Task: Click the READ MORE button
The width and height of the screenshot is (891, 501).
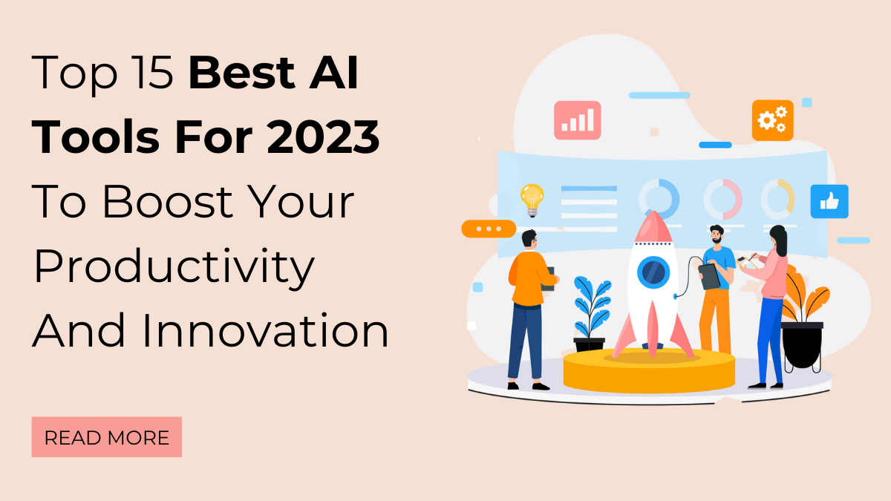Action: tap(106, 437)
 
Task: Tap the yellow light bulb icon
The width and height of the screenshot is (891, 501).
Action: tap(532, 199)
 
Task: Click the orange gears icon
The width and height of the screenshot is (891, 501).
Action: tap(772, 120)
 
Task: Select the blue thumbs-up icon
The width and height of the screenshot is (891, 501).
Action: tap(829, 201)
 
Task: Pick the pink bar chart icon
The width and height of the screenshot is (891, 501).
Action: tap(577, 120)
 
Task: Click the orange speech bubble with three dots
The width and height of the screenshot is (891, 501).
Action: tap(488, 229)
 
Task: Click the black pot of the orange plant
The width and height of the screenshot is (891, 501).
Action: tap(802, 345)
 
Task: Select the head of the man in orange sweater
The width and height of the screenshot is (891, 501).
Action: tap(529, 241)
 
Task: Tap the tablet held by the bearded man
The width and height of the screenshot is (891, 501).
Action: tap(709, 276)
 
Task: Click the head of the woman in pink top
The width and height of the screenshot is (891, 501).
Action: tap(777, 239)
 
